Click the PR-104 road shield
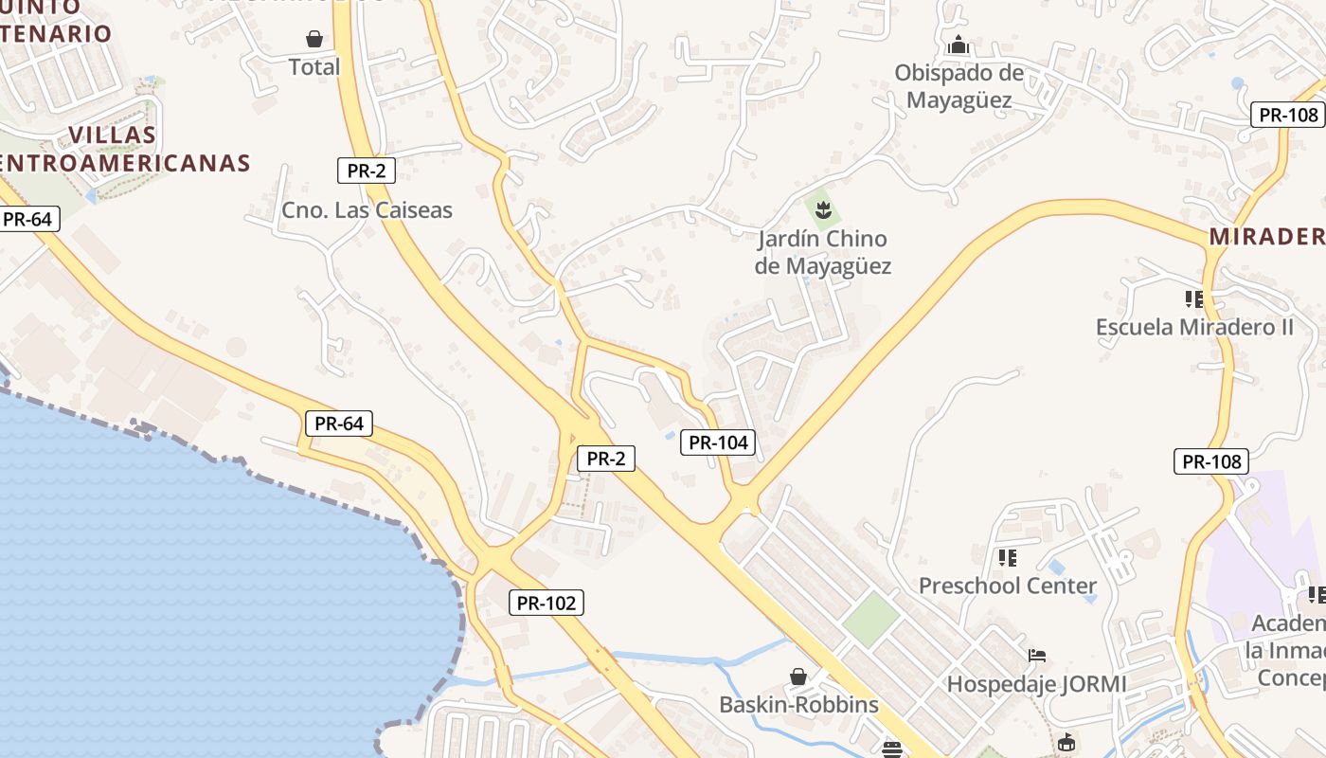[717, 442]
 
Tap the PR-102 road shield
[547, 603]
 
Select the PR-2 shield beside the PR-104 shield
[606, 459]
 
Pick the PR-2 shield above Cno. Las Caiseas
[366, 171]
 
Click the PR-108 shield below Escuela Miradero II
[1211, 461]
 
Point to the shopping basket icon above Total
[314, 39]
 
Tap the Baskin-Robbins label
[798, 705]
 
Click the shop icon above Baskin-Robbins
[798, 676]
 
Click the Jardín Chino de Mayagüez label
[822, 252]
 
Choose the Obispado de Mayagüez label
[959, 86]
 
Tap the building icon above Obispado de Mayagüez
[959, 45]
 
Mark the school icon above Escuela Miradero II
[1193, 299]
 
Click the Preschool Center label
[1007, 586]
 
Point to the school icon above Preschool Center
[1007, 557]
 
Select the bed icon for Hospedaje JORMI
[1037, 655]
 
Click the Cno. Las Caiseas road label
[367, 209]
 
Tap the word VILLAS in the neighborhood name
[113, 135]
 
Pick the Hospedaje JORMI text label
[1037, 683]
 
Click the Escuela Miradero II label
[1193, 327]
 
